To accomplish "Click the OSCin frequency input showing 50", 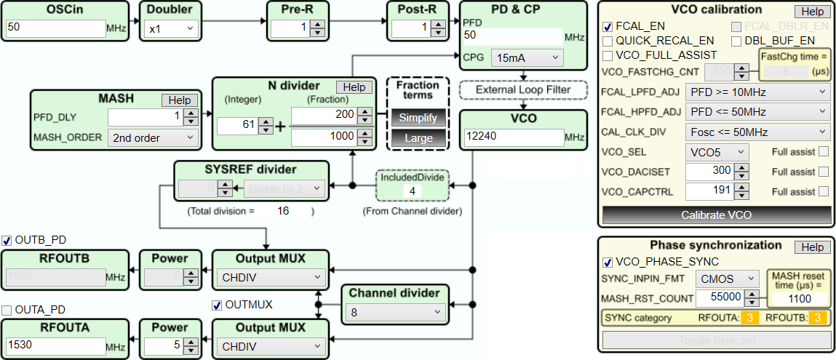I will tap(56, 28).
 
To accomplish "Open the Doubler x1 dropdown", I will tap(171, 28).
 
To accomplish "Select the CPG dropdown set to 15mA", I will tap(527, 57).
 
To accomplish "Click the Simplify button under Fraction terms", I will tap(418, 118).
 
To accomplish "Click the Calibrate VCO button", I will tap(717, 215).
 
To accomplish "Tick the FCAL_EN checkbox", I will tap(608, 26).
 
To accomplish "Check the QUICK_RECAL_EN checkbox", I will tap(608, 41).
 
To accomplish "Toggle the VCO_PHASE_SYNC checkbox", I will tap(608, 263).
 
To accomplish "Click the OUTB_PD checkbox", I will tap(7, 240).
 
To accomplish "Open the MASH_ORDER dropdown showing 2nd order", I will tap(152, 137).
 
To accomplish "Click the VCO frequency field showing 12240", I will tap(513, 137).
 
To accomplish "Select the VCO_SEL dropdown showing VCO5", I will tap(717, 152).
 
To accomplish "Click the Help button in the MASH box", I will tap(179, 100).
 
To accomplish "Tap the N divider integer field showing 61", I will tap(236, 126).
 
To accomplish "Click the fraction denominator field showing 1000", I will tap(323, 137).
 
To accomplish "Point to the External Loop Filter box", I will tap(523, 89).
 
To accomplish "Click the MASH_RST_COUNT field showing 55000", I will tap(720, 297).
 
